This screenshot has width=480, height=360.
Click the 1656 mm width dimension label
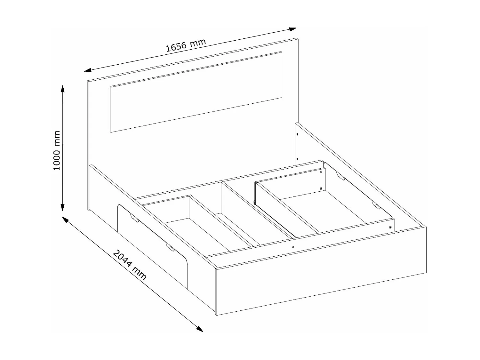click(186, 45)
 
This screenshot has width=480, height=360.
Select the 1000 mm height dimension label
click(57, 150)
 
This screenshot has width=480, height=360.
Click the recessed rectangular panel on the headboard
click(196, 92)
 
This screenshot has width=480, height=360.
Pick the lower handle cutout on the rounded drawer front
click(170, 247)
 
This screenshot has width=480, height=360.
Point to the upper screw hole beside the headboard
click(297, 134)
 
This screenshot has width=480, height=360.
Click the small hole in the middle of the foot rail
click(293, 247)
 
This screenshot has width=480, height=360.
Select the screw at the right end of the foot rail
click(390, 227)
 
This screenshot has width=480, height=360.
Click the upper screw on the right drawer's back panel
click(321, 172)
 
